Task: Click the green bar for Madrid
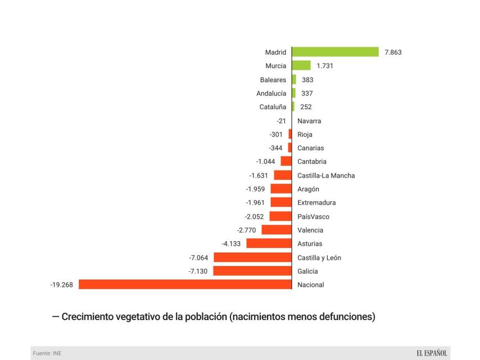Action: [x=336, y=52]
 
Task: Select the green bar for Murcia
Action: [x=301, y=66]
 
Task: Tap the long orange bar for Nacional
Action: [x=185, y=285]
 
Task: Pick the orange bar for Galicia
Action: [x=252, y=271]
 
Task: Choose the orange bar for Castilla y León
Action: [x=252, y=258]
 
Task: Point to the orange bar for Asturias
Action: [x=269, y=244]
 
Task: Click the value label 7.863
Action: [x=393, y=52]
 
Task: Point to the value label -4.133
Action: [x=232, y=244]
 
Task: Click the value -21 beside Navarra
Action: [x=282, y=121]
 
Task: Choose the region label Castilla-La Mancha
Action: [x=326, y=175]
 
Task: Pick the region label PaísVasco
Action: [x=313, y=217]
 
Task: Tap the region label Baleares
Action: [x=273, y=80]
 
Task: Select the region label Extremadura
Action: [x=316, y=202]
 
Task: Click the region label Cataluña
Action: [x=273, y=107]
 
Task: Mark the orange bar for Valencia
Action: [x=277, y=230]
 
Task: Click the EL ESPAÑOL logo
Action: [x=432, y=353]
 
